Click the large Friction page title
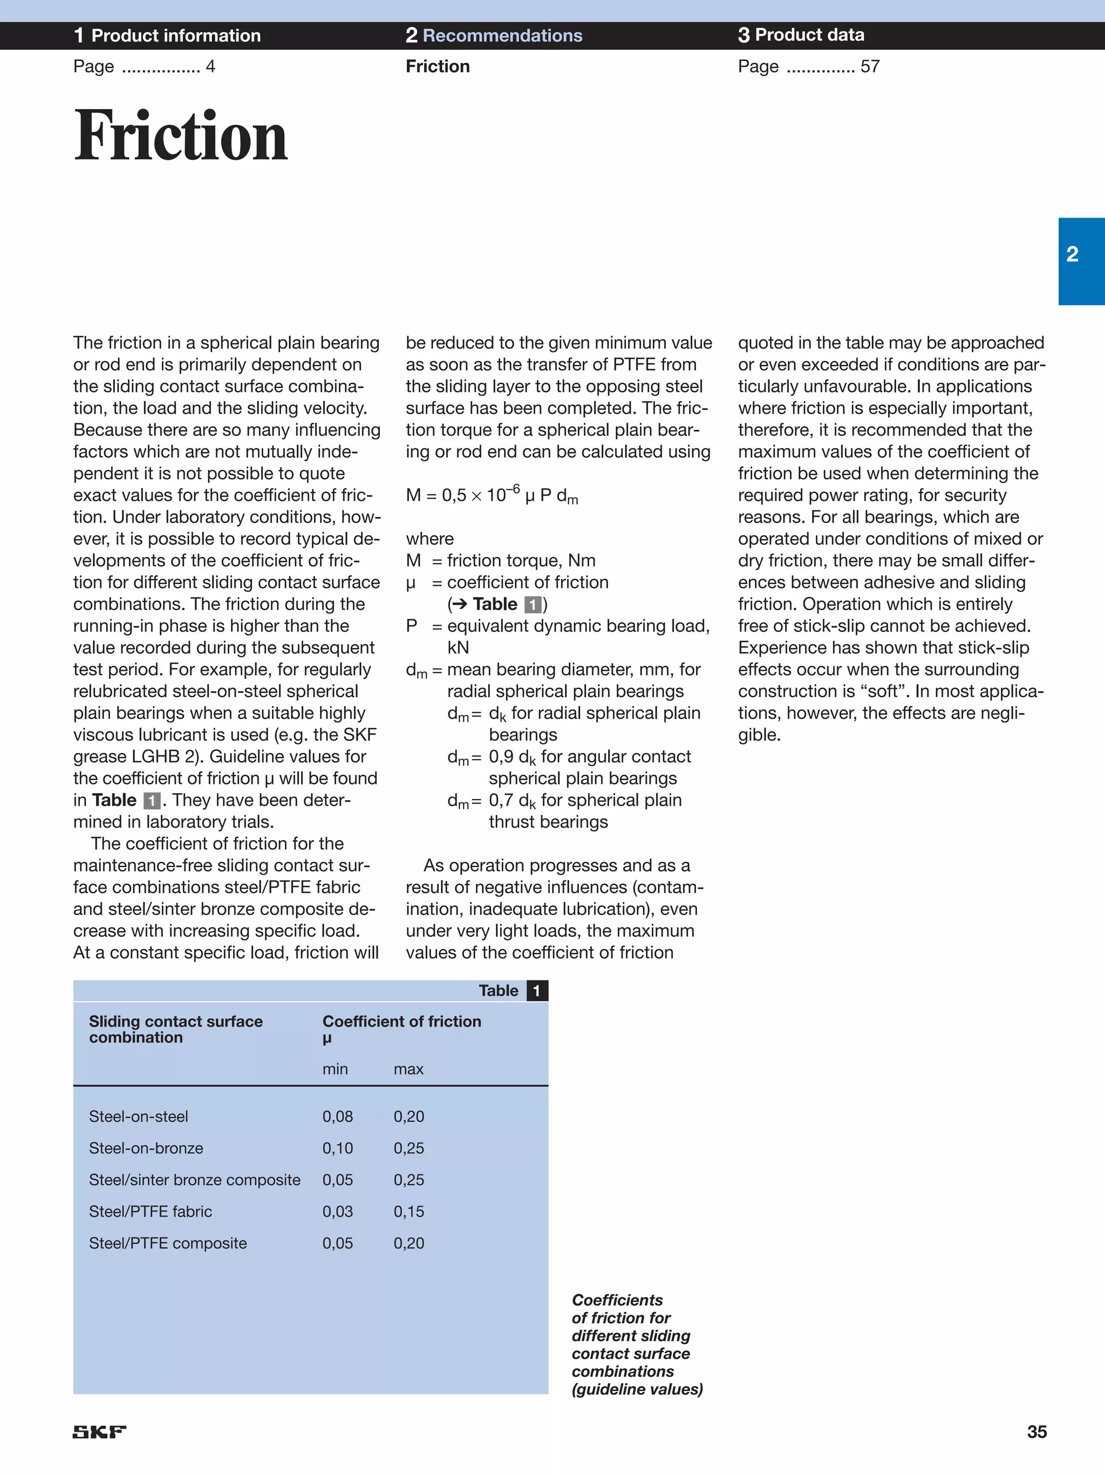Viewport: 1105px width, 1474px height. click(181, 136)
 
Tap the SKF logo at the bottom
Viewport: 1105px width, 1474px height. click(99, 1431)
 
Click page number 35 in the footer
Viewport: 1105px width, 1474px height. click(1036, 1431)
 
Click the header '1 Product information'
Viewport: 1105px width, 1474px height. click(167, 35)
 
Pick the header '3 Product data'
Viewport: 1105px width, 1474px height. click(801, 35)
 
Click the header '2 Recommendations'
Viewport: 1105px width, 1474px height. click(494, 35)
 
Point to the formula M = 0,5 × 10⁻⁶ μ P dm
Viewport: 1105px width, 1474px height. click(492, 495)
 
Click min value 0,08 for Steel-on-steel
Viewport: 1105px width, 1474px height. click(338, 1116)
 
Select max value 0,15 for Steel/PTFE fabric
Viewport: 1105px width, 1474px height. click(408, 1212)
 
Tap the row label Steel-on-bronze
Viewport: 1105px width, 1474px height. click(146, 1148)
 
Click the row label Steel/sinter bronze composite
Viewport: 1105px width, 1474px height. click(194, 1179)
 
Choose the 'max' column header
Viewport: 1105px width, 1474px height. click(408, 1069)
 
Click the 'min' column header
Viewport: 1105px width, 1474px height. click(335, 1069)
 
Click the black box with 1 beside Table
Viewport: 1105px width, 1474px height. click(537, 990)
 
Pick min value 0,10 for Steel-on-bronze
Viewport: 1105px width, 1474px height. click(338, 1148)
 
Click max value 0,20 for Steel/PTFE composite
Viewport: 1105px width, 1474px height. click(408, 1243)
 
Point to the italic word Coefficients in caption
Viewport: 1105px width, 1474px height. click(617, 1300)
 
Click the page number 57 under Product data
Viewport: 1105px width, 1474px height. click(869, 66)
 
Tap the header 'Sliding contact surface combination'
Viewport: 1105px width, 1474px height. click(176, 1029)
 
